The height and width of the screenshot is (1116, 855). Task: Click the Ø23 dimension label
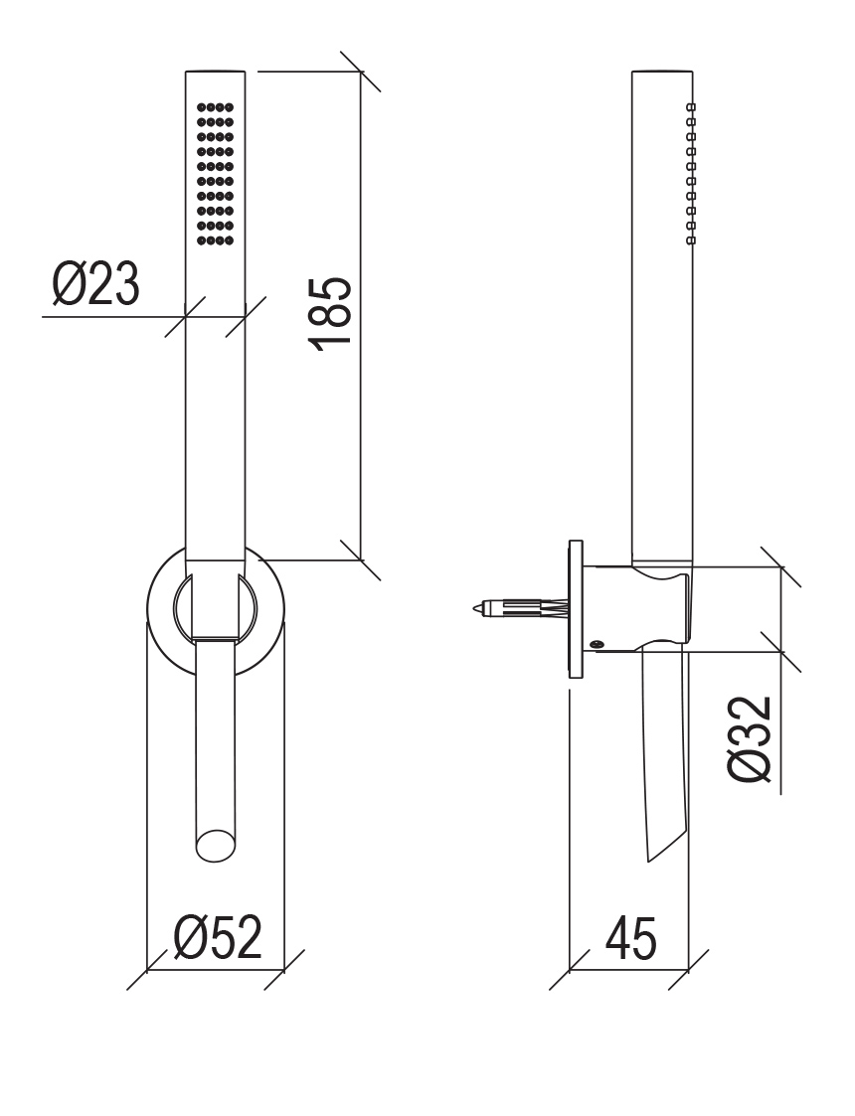[96, 284]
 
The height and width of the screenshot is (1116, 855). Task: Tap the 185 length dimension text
[330, 313]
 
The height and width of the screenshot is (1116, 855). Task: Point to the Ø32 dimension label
[750, 738]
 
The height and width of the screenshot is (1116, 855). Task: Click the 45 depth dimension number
[630, 937]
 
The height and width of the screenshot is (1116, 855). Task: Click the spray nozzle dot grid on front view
[215, 174]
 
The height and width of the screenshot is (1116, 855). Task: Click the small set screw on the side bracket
[596, 645]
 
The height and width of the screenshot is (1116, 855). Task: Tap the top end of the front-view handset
[215, 71]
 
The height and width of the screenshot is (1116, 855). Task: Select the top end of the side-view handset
[661, 71]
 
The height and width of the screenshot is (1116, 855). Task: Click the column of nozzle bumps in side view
[690, 174]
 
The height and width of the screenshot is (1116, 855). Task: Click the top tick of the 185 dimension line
[361, 72]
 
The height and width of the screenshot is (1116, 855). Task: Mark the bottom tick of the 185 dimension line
[361, 560]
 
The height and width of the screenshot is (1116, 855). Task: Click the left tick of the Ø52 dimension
[147, 969]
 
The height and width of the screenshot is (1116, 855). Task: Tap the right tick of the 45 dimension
[688, 969]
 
